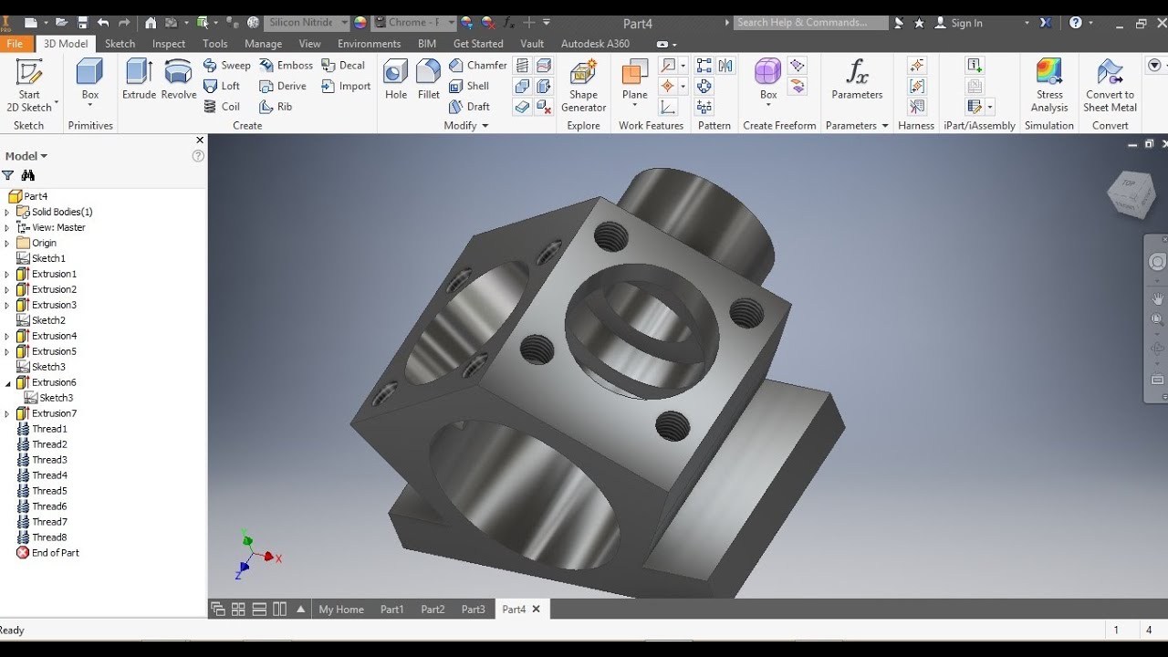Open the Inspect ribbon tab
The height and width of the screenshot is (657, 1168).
[x=169, y=43]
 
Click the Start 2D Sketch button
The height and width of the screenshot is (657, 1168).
[x=29, y=85]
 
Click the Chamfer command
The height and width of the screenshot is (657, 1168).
[x=477, y=65]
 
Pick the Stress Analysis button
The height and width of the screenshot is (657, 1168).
[x=1049, y=85]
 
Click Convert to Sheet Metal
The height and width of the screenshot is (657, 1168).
[x=1110, y=85]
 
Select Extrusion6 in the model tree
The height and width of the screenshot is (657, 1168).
[x=54, y=382]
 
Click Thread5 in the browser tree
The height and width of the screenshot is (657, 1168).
[x=49, y=491]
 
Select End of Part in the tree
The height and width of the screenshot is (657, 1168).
[x=55, y=553]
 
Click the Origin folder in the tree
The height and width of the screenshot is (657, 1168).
[x=44, y=243]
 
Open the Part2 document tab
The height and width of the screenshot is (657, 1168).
[x=433, y=610]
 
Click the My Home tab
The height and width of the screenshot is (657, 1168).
[x=341, y=610]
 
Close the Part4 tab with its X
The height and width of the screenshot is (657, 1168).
[x=537, y=609]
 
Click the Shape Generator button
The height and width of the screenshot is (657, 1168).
[x=584, y=85]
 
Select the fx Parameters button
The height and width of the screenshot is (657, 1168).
[x=857, y=79]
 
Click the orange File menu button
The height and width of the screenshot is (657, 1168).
[x=15, y=43]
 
